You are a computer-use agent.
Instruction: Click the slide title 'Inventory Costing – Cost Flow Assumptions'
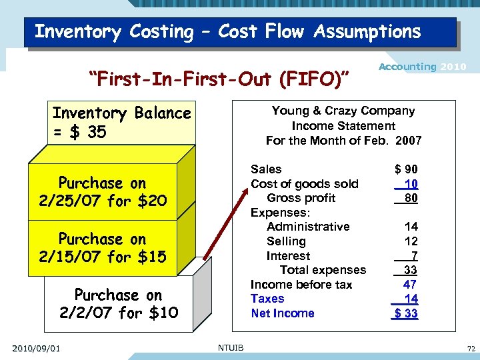[x=227, y=32]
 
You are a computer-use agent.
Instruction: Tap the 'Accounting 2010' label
[x=422, y=67]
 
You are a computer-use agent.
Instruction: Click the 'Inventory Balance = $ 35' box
[x=121, y=123]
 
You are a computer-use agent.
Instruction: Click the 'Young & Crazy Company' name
[x=343, y=111]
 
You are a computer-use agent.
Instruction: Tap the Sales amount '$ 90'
[x=406, y=170]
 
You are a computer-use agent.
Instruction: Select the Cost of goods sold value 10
[x=411, y=184]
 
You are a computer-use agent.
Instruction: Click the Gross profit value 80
[x=411, y=198]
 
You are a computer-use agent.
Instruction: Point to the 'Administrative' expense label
[x=308, y=227]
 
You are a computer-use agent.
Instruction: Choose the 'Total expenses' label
[x=323, y=270]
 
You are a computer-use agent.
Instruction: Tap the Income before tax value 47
[x=411, y=285]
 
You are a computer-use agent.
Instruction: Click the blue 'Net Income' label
[x=282, y=313]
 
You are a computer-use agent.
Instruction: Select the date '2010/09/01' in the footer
[x=36, y=347]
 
